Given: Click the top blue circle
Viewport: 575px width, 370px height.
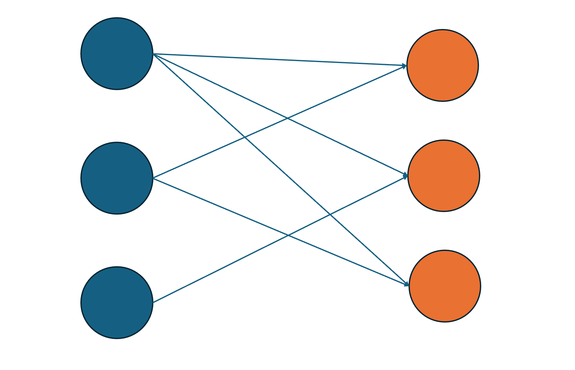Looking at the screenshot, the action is tap(117, 53).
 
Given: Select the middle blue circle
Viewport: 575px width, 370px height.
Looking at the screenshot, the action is tap(117, 178).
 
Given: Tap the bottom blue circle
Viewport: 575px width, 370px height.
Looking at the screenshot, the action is tap(117, 302).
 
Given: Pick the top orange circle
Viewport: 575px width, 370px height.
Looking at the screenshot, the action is tap(442, 66).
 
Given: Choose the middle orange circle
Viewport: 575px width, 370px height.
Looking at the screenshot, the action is tap(443, 175).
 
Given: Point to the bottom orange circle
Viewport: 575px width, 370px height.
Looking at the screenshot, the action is tap(445, 286).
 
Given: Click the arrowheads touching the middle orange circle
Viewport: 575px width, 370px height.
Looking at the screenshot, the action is tap(405, 175).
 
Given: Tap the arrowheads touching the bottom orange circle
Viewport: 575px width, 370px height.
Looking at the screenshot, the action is tap(406, 284).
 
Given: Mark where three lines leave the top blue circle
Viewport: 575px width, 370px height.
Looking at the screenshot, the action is tap(154, 54).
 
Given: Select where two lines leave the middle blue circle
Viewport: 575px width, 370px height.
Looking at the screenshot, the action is tap(153, 178).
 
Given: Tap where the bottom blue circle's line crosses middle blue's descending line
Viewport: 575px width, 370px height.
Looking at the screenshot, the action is tap(288, 235).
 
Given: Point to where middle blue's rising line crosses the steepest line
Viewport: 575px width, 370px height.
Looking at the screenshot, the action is tap(244, 138).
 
